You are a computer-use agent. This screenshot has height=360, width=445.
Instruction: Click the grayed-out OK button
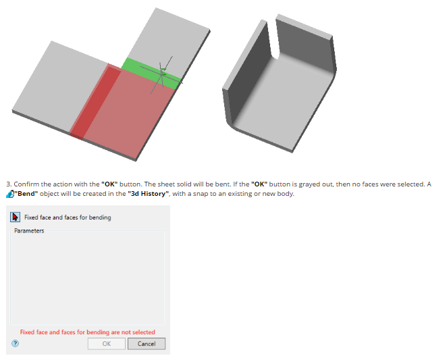(107, 344)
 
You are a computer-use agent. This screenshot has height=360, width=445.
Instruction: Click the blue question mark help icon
(16, 344)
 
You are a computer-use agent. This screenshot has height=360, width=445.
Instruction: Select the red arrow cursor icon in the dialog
(15, 217)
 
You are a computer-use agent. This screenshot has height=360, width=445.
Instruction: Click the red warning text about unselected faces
(87, 332)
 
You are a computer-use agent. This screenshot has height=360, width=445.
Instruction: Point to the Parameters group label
(29, 231)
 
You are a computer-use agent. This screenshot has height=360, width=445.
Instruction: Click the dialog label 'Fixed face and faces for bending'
(68, 217)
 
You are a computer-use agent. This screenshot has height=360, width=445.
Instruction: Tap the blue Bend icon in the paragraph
(10, 194)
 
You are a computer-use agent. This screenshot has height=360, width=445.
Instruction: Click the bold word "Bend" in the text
(26, 194)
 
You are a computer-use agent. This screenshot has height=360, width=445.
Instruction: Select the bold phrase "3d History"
(148, 194)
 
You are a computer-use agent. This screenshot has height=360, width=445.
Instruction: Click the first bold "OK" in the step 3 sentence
(109, 184)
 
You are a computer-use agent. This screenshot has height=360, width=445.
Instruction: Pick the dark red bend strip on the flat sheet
(95, 102)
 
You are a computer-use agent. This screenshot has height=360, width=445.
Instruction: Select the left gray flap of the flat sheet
(59, 85)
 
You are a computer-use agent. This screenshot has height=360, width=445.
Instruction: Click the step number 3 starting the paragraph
(9, 184)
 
